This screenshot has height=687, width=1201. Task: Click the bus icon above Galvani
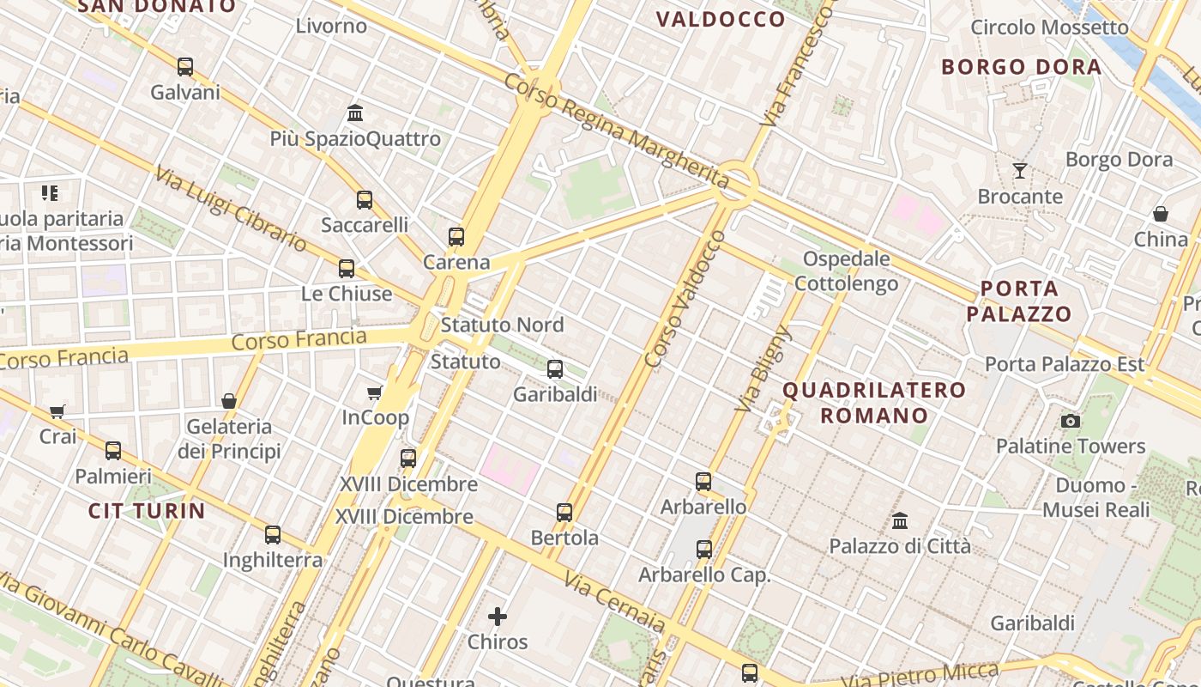(x=185, y=66)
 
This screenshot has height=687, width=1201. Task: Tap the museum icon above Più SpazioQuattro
(x=355, y=112)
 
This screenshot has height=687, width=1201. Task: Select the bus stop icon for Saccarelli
(x=365, y=200)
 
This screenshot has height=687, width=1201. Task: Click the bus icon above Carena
(x=456, y=237)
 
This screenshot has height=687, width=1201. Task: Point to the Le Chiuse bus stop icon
(x=347, y=269)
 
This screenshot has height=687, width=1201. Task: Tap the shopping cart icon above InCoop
(x=375, y=392)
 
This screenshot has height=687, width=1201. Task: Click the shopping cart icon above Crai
(x=57, y=411)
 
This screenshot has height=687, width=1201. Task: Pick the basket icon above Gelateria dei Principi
(x=229, y=401)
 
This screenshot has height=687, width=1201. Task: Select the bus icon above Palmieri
(x=113, y=451)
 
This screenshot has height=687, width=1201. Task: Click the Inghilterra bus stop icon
(x=273, y=535)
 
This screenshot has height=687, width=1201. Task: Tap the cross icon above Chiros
(x=498, y=617)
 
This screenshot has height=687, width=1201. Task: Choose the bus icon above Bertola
(x=564, y=513)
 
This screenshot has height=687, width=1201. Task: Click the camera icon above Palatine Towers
(x=1071, y=421)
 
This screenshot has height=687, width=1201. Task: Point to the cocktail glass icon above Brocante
(x=1020, y=171)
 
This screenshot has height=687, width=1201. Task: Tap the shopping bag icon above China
(x=1161, y=214)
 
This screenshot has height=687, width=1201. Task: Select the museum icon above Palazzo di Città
(x=900, y=520)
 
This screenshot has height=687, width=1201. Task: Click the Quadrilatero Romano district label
(x=874, y=403)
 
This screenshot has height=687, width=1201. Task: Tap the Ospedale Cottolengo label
(x=847, y=271)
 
